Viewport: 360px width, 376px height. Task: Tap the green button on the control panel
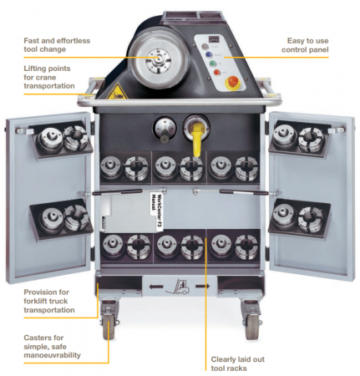point(213,64)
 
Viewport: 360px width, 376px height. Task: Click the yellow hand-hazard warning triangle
point(117,91)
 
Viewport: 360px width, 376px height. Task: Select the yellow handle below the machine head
point(197,139)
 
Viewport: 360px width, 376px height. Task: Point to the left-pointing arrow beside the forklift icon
point(156,287)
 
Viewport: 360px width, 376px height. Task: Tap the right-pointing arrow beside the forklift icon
point(203,286)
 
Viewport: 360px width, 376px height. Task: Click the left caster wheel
point(109,328)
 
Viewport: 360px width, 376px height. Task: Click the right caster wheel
point(252,328)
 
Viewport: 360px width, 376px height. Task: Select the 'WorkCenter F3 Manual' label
point(156,211)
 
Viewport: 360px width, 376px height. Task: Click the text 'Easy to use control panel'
point(305,45)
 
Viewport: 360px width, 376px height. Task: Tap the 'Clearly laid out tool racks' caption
point(237,363)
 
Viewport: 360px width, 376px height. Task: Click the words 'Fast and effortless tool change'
point(57,45)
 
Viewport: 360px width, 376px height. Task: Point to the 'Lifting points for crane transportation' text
point(49,77)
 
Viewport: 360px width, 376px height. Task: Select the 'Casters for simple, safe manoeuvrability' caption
point(52,347)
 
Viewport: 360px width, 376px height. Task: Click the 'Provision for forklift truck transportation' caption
point(49,301)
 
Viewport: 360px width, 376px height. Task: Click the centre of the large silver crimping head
point(158,58)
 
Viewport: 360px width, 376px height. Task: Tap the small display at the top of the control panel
point(215,39)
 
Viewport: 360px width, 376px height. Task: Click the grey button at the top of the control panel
point(205,46)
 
